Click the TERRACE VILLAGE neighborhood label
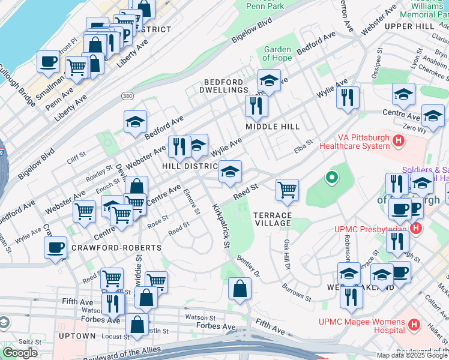(272, 219)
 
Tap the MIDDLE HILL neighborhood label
(272, 127)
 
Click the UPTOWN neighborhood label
(77, 336)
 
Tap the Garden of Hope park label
(277, 54)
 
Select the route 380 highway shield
(127, 95)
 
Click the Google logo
(20, 353)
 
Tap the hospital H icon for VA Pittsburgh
(397, 141)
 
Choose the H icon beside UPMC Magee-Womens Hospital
(413, 325)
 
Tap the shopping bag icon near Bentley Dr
(240, 288)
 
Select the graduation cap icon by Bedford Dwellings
(269, 80)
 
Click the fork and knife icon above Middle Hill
(256, 106)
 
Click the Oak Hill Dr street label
(287, 254)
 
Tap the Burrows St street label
(297, 293)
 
